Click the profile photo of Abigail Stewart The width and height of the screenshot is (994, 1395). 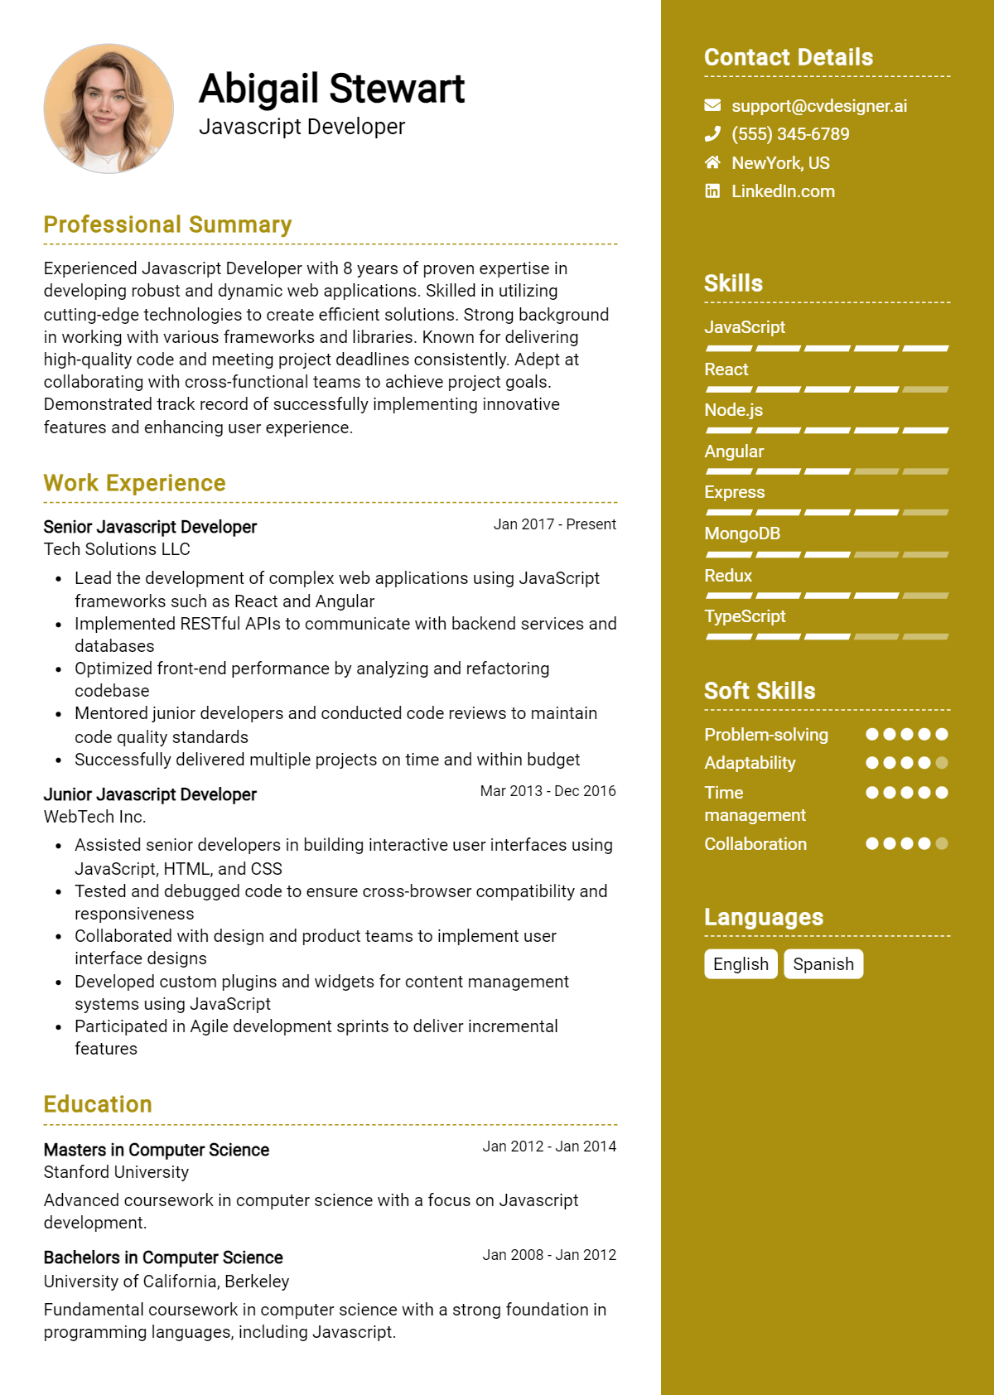click(109, 109)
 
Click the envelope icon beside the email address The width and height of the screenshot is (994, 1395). click(712, 105)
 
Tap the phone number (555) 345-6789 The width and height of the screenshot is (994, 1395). click(790, 134)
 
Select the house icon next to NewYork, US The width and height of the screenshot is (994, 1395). click(712, 162)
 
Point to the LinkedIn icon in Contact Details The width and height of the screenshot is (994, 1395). click(712, 191)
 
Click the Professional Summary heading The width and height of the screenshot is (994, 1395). click(167, 224)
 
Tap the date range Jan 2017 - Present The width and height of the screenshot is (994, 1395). click(554, 524)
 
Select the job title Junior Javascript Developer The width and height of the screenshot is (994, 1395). click(150, 794)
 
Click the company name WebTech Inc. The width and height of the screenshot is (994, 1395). click(94, 817)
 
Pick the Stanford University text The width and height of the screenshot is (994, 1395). click(116, 1172)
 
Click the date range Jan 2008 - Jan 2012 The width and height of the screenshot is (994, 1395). click(549, 1255)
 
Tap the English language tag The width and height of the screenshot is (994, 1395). click(741, 964)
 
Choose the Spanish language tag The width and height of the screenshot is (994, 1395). click(823, 964)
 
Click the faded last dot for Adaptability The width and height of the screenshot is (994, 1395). click(942, 763)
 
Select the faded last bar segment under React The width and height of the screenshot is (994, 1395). click(925, 389)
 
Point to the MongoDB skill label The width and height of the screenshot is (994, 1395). click(742, 533)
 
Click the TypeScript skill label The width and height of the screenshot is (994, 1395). click(745, 616)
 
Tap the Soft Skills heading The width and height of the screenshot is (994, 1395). click(760, 691)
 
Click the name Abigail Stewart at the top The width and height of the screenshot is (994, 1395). click(331, 89)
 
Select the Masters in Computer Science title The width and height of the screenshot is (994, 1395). click(157, 1150)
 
